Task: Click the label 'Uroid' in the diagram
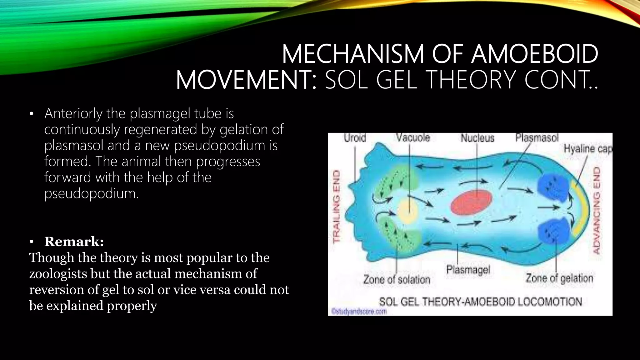[x=355, y=138]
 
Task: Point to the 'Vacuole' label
[x=413, y=138]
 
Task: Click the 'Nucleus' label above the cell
[x=477, y=138]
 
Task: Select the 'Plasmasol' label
[x=537, y=138]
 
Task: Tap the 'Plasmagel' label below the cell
[x=468, y=269]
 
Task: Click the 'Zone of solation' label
[x=397, y=279]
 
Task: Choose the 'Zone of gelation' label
[x=559, y=278]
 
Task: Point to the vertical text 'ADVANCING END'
[x=596, y=211]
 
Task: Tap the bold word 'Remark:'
[x=74, y=242]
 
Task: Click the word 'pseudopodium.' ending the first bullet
[x=91, y=194]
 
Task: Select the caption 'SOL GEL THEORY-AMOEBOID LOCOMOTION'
[x=480, y=302]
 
